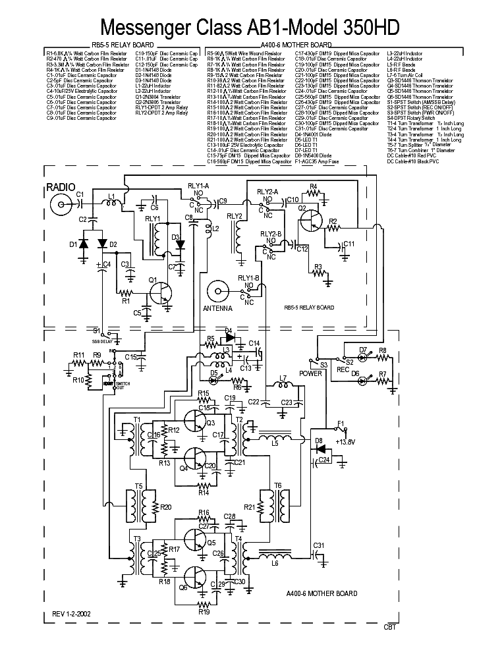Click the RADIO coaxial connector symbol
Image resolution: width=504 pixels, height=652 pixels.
coord(63,205)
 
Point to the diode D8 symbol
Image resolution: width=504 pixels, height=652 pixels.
coord(320,448)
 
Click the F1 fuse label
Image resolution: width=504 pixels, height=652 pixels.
coord(341,423)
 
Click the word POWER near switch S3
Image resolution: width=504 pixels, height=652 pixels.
coord(312,373)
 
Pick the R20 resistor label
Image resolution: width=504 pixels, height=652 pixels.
coord(165,507)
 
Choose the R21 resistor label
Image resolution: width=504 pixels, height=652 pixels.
coord(250,507)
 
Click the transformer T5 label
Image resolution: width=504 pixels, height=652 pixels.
coord(138,486)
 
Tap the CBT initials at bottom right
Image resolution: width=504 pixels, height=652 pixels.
coord(390,628)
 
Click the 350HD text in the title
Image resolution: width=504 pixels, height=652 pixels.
coord(360,28)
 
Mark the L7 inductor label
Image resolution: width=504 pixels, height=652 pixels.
coord(284,378)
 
